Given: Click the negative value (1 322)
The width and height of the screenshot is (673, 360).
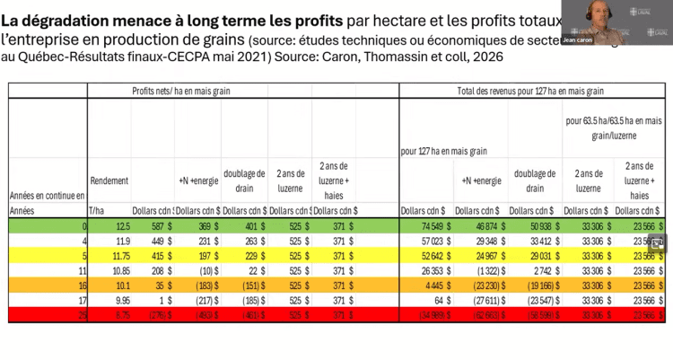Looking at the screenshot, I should [482, 269].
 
